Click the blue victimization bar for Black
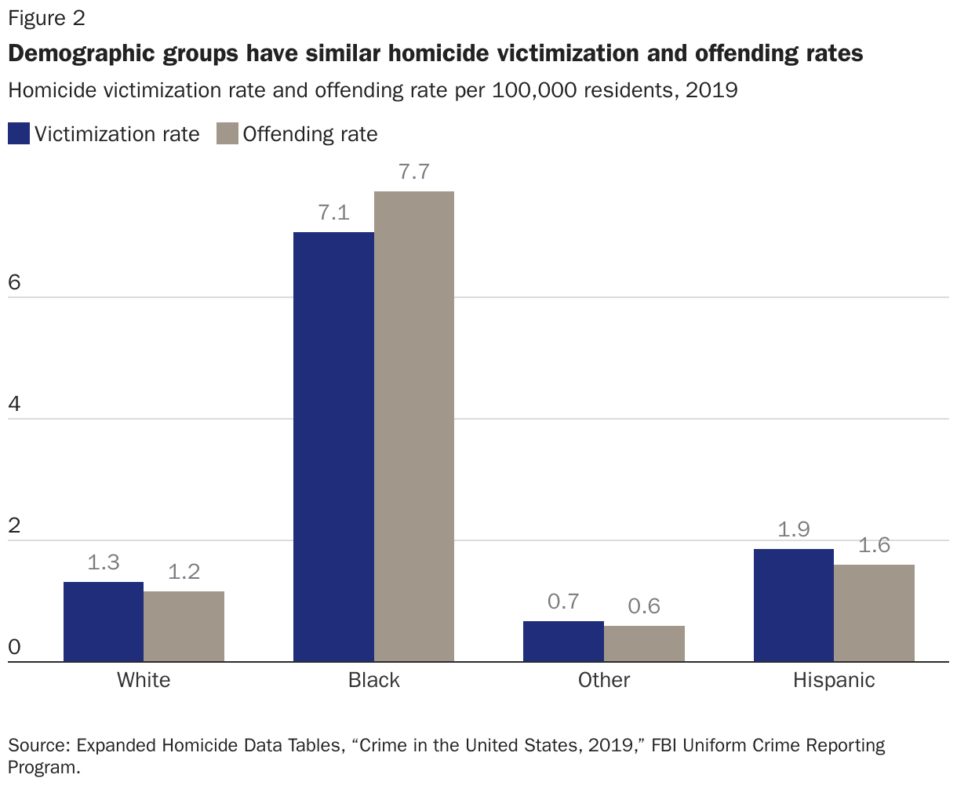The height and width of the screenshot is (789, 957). click(333, 447)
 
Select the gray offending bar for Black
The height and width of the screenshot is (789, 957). click(414, 427)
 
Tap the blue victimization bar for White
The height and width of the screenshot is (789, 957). click(104, 622)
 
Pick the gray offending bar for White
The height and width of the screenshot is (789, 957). click(184, 627)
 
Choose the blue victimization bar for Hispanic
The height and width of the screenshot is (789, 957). click(794, 605)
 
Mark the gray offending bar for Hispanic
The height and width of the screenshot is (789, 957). click(875, 613)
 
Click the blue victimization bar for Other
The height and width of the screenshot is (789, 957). click(563, 642)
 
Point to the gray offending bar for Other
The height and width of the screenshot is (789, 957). click(644, 644)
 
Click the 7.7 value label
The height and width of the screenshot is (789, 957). click(414, 172)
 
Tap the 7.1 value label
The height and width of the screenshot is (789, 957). click(333, 213)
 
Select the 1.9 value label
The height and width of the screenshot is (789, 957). click(794, 529)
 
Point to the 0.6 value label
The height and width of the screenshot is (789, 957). click(644, 606)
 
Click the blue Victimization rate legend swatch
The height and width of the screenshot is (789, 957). click(19, 134)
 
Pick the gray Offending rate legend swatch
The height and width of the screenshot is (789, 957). click(227, 134)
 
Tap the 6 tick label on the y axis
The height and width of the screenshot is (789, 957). click(14, 283)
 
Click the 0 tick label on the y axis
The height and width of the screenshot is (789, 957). click(14, 648)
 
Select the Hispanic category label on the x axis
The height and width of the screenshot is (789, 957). click(834, 680)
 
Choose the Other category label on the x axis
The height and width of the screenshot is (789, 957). click(604, 680)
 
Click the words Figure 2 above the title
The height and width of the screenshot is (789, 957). click(46, 17)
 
